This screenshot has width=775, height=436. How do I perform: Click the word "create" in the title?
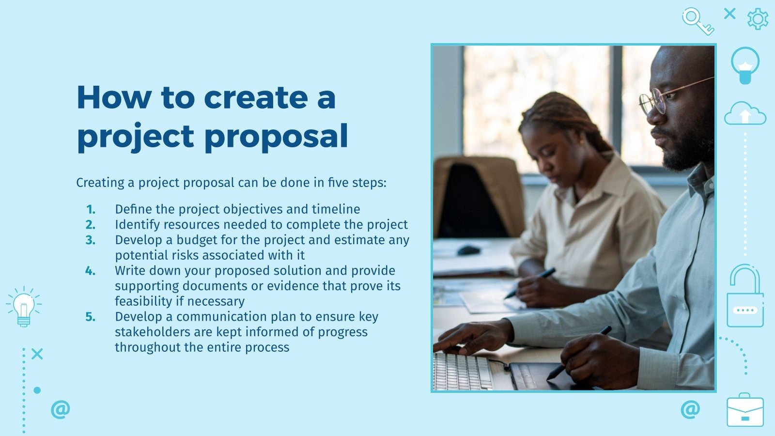(x=255, y=97)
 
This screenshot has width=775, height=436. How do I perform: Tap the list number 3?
(x=91, y=240)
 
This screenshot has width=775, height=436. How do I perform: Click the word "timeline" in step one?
(x=336, y=209)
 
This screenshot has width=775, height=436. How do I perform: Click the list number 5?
(x=91, y=317)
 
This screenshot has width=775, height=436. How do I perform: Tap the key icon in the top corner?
(x=697, y=21)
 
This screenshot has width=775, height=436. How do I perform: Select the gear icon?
(x=758, y=19)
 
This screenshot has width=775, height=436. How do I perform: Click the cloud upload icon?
(x=745, y=114)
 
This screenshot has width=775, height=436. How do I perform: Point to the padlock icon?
(x=745, y=296)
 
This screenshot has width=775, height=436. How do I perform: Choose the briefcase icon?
(x=745, y=411)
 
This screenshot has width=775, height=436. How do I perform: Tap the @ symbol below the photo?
(x=690, y=409)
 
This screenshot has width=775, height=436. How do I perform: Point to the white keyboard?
(x=460, y=372)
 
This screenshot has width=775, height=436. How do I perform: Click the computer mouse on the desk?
(x=468, y=250)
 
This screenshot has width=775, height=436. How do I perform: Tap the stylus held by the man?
(x=579, y=353)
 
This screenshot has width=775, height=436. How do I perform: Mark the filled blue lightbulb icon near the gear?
(x=745, y=64)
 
